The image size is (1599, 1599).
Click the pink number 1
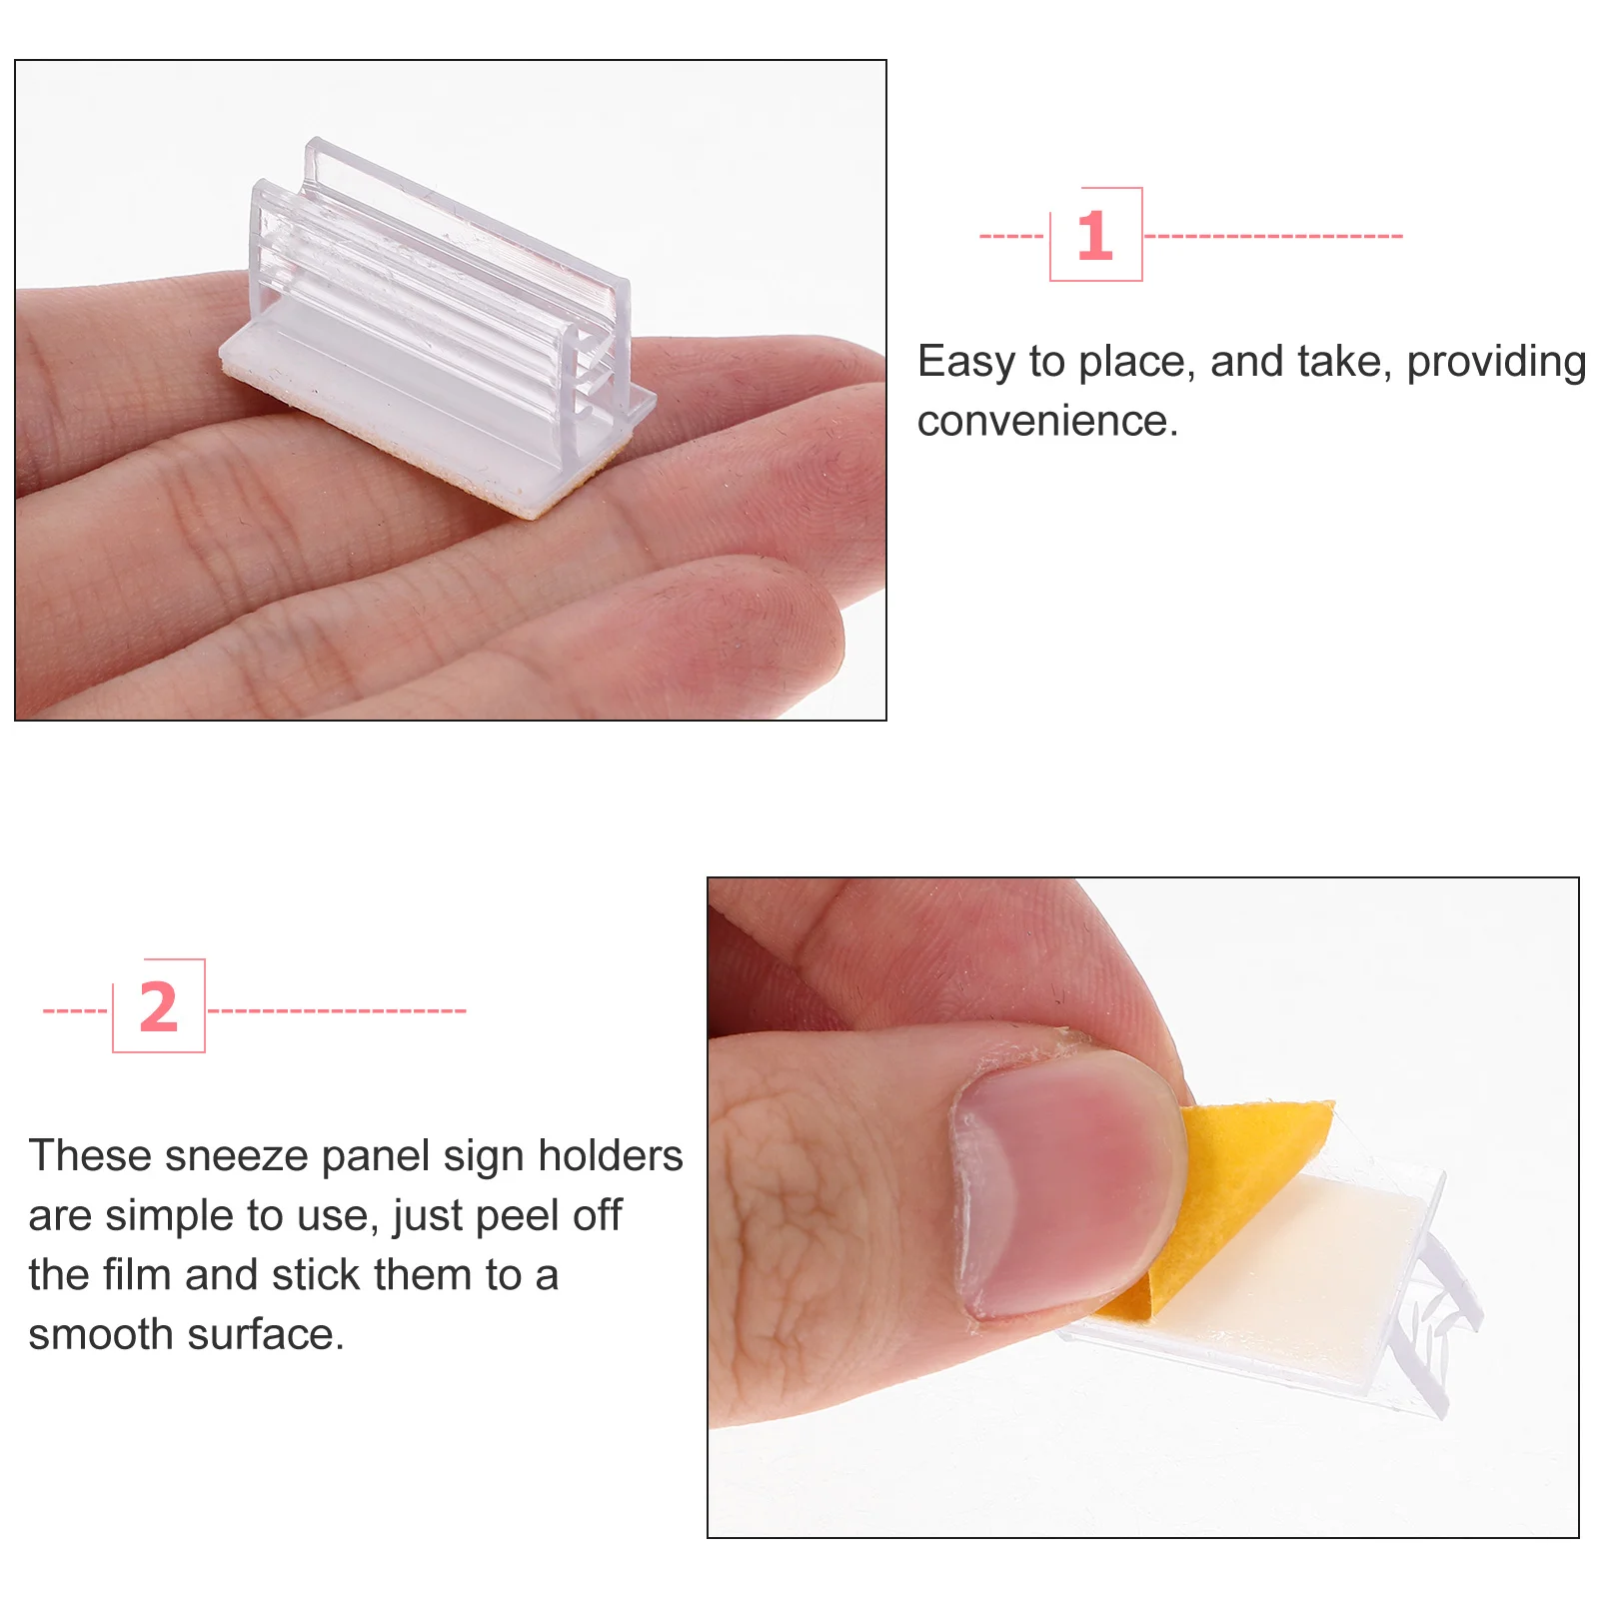1094,236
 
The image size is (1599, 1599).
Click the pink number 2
158,1007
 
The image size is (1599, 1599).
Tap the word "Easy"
965,362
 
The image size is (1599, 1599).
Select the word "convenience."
1047,421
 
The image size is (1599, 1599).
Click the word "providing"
1496,362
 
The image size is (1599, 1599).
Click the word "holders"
610,1156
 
